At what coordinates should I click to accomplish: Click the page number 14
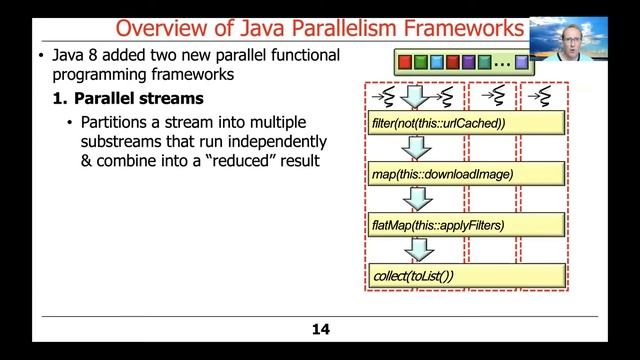point(320,329)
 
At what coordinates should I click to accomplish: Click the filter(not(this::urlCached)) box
point(465,124)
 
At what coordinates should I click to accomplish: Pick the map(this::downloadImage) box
point(465,175)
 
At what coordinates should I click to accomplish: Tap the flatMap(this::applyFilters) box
point(465,225)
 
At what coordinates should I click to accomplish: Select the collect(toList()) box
point(465,275)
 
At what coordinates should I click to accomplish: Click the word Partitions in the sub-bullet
point(118,122)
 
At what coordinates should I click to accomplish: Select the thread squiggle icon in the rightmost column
point(541,96)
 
